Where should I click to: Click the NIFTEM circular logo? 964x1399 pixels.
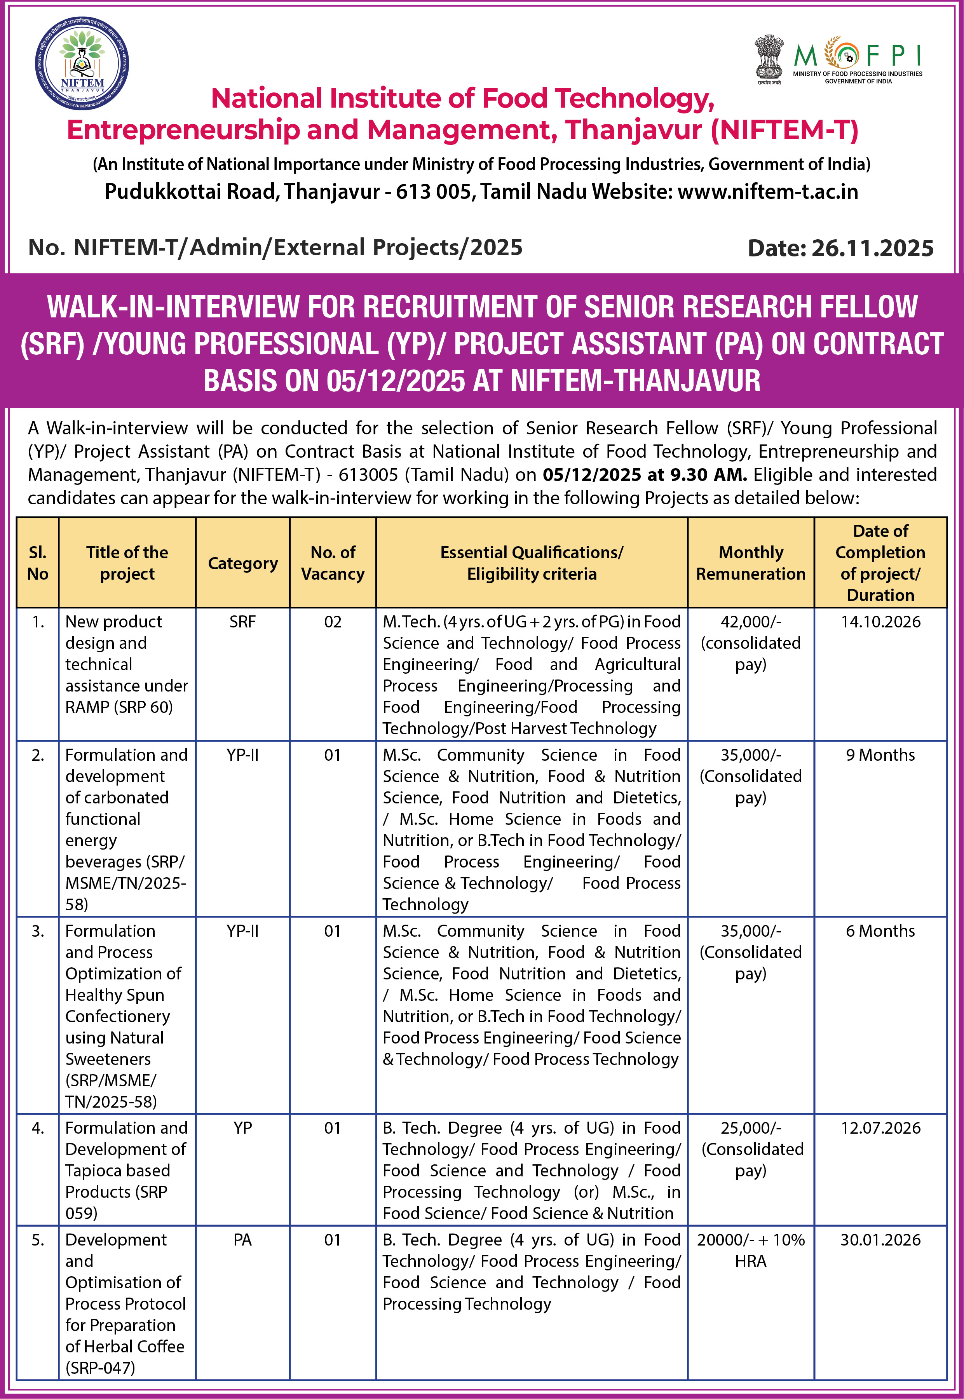click(x=82, y=63)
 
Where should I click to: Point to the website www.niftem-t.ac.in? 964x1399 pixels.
click(x=768, y=192)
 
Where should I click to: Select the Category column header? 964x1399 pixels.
click(x=243, y=563)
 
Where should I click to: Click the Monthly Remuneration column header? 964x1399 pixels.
click(x=750, y=563)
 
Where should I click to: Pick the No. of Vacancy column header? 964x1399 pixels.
click(x=333, y=563)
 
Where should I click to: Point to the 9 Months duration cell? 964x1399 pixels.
click(x=880, y=755)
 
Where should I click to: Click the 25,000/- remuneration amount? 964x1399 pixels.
click(x=750, y=1127)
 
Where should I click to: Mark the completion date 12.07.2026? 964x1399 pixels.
click(x=880, y=1127)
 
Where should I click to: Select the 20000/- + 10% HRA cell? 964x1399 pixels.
click(x=750, y=1249)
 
